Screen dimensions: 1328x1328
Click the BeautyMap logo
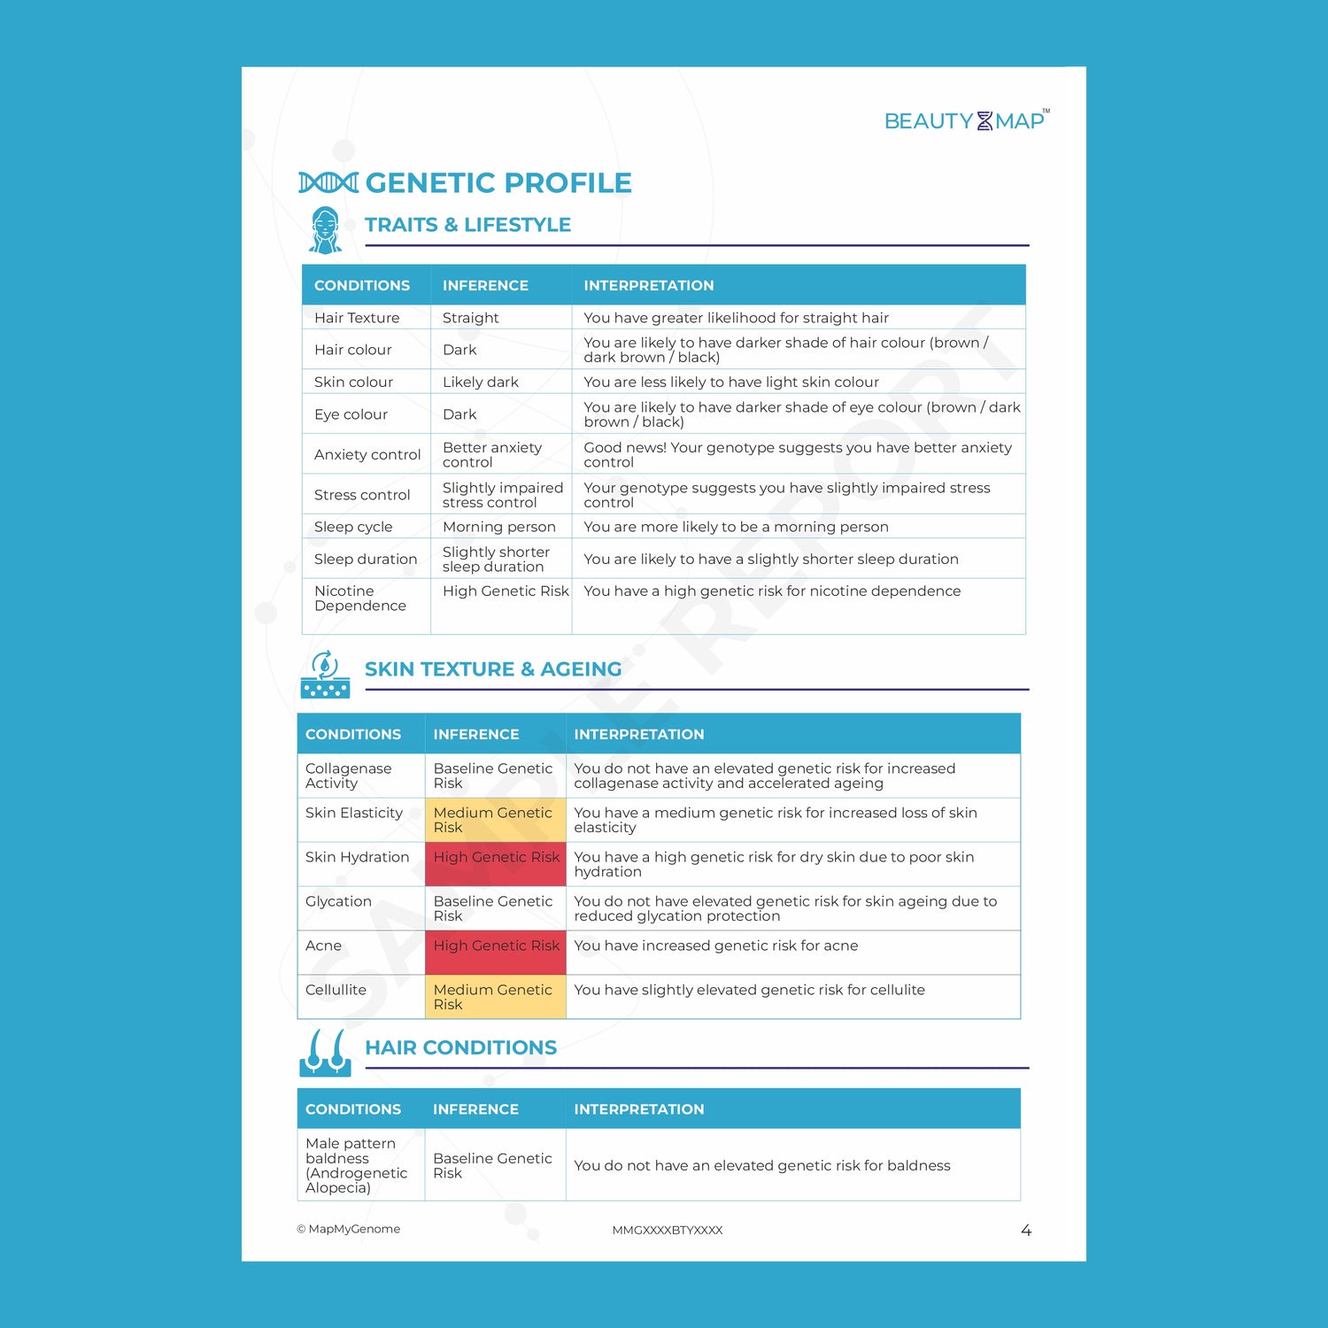click(966, 120)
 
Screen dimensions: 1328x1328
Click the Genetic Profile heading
click(498, 182)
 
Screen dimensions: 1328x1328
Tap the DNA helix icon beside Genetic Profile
click(328, 182)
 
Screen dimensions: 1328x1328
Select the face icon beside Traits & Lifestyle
click(326, 230)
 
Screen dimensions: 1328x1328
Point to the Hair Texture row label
click(357, 318)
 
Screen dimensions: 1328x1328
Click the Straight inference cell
click(470, 318)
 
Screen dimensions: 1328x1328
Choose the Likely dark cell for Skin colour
click(481, 382)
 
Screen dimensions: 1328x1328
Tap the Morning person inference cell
click(499, 527)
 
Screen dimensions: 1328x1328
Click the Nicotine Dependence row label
click(360, 598)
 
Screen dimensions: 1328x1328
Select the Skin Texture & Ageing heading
click(493, 669)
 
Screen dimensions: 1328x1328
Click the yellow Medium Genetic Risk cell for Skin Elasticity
click(495, 820)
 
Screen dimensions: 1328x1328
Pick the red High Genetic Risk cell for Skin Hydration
click(496, 864)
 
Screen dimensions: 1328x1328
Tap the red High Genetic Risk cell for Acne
click(496, 953)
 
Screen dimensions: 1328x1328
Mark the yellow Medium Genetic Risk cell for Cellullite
click(495, 997)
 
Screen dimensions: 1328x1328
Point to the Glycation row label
click(338, 901)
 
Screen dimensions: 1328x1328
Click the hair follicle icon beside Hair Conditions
click(325, 1053)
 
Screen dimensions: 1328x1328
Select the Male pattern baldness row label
click(356, 1165)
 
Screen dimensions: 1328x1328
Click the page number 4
click(1026, 1231)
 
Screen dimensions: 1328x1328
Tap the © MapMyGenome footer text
click(349, 1229)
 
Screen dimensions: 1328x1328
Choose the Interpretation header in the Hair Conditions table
click(639, 1109)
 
